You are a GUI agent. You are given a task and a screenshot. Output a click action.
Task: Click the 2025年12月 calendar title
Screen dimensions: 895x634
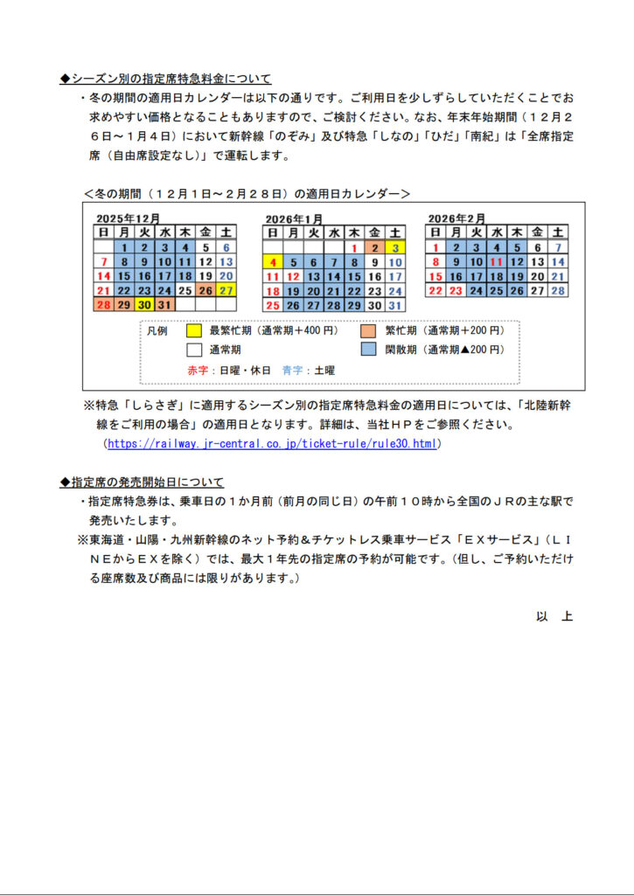128,218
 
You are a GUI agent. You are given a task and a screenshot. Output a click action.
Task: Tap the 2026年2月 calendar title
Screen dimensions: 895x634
456,218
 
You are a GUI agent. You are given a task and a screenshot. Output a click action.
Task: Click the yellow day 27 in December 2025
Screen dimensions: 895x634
226,290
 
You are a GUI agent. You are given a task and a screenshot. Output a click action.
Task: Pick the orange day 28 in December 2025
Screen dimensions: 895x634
103,304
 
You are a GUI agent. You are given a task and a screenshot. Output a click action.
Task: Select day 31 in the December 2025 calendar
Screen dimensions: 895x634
165,304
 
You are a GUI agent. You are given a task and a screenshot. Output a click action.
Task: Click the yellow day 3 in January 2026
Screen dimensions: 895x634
395,247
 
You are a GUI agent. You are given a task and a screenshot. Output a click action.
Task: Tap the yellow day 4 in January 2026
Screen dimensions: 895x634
272,261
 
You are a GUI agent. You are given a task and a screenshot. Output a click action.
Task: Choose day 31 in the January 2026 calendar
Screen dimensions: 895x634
395,305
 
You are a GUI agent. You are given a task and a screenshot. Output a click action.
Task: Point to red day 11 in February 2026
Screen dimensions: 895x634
497,261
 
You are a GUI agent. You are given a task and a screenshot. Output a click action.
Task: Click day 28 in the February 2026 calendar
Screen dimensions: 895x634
558,290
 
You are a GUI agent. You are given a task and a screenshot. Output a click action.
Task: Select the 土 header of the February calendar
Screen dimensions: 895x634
558,232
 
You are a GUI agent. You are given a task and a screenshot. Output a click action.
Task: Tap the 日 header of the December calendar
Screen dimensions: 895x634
103,232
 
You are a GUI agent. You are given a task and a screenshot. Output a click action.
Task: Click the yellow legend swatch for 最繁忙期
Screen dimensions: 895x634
194,331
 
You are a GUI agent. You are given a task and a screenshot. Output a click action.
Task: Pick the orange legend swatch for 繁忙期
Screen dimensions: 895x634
369,331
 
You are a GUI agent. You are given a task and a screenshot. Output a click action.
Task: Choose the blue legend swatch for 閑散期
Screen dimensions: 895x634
369,350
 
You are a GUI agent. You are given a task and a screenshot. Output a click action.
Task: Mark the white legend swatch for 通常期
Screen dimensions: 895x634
194,350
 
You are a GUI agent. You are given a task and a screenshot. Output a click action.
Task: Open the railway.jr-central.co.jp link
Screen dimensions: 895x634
272,444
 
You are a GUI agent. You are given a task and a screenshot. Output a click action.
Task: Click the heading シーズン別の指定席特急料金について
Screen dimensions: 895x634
166,79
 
